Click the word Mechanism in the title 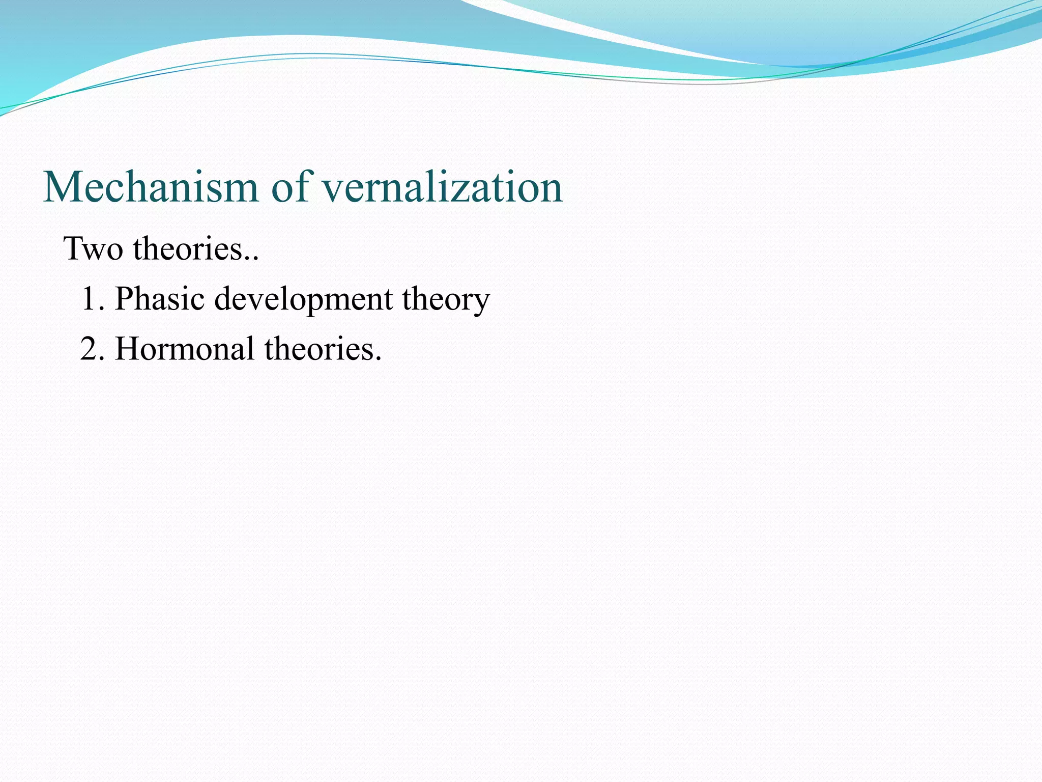click(151, 187)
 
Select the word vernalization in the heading click(442, 187)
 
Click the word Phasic click(160, 299)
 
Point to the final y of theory click(481, 303)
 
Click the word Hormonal click(185, 349)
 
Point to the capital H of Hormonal click(127, 349)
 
